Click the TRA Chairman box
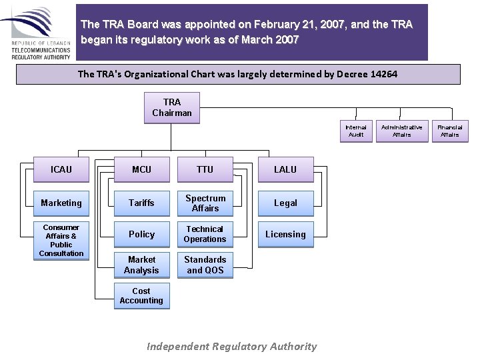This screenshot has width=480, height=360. pos(172,107)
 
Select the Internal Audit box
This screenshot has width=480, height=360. pos(356,131)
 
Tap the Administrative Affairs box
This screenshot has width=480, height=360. pos(402,131)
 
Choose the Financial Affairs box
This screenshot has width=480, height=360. pos(450,131)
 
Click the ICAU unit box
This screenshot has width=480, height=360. pos(61,169)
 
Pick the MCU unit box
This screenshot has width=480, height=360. pos(141,169)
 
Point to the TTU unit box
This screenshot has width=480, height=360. pos(205,169)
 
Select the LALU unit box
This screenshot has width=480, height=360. pos(285,169)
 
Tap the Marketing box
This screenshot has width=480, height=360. pos(61,203)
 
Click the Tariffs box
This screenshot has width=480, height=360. pos(141,203)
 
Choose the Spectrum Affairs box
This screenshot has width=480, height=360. pos(205,203)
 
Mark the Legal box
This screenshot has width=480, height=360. pos(285,203)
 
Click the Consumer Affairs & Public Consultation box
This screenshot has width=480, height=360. pos(61,240)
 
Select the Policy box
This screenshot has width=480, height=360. pos(141,234)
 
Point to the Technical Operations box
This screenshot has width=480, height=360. pos(205,234)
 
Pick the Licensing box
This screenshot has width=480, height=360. pos(285,234)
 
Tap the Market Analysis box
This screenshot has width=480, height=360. pos(141,265)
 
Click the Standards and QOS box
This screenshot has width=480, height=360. pos(205,265)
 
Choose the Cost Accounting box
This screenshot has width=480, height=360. pos(141,296)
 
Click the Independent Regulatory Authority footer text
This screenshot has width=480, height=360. pos(232,346)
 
